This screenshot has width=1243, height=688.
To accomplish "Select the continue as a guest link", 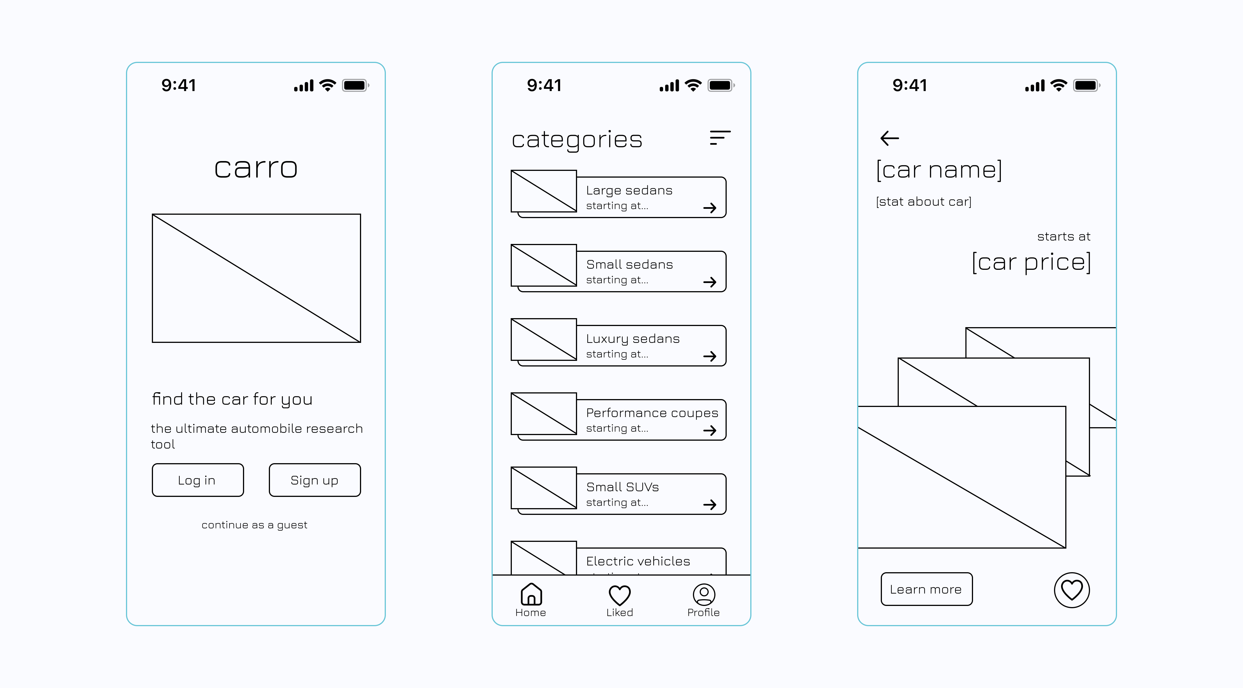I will [x=254, y=524].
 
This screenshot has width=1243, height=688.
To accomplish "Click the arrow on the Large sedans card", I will [x=709, y=208].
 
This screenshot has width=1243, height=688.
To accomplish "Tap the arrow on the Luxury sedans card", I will [x=709, y=356].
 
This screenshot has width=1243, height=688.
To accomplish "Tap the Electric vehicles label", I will [x=638, y=561].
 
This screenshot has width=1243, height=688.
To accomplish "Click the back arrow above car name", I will [x=889, y=138].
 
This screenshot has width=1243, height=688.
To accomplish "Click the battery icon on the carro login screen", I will [x=355, y=86].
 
